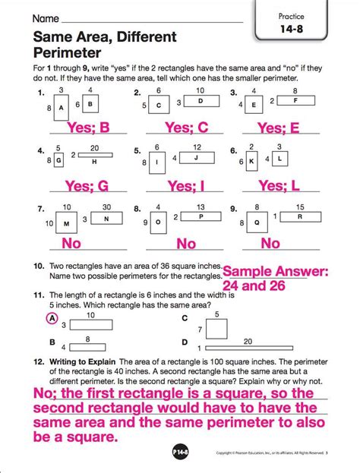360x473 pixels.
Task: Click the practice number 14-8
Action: [312, 29]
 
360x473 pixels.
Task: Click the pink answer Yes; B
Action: [90, 128]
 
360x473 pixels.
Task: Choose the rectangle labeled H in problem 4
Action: [93, 161]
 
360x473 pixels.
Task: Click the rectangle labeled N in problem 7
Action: [106, 219]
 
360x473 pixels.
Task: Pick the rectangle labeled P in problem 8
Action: [200, 216]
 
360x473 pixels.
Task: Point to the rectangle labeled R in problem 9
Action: [300, 216]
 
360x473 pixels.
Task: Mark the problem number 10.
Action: [38, 267]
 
